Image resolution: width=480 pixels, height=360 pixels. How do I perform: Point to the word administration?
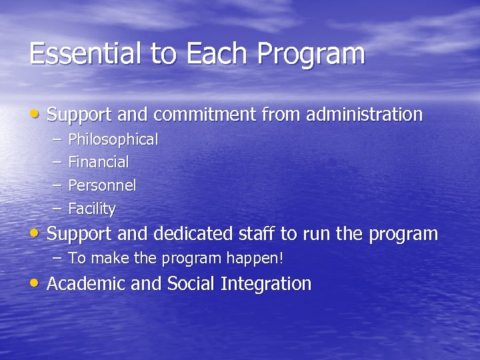pos(364,115)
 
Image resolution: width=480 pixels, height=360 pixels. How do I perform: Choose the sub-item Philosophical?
pos(113,140)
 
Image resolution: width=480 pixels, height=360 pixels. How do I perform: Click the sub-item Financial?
pos(99,162)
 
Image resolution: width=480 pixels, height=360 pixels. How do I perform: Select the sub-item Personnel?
pos(102,185)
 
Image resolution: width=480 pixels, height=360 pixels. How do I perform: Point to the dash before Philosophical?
pos(57,139)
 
